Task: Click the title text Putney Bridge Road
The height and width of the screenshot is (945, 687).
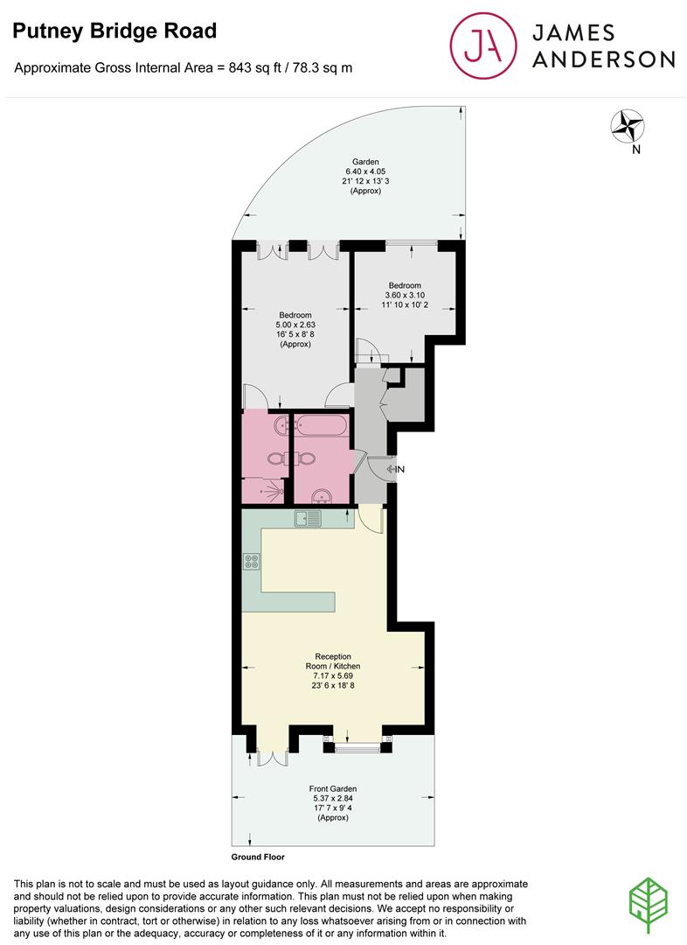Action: (114, 32)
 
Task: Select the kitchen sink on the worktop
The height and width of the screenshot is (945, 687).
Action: (309, 519)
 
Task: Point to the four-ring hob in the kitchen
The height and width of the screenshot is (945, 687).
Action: (252, 562)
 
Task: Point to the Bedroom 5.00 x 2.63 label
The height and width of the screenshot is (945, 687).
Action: (295, 330)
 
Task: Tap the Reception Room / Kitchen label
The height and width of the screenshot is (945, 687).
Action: (334, 671)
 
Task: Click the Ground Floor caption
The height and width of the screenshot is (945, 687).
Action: (258, 857)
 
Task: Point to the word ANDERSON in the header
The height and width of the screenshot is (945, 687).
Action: (603, 59)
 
